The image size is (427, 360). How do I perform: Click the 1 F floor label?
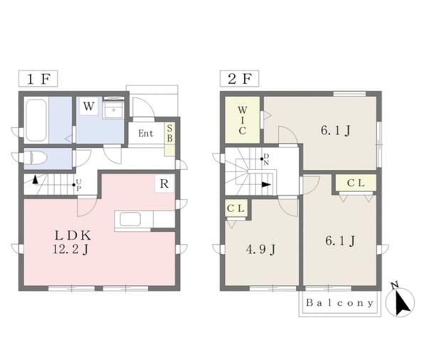(x=38, y=79)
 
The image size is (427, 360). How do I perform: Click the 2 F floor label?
(x=239, y=79)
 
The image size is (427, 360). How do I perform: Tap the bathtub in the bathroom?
(x=36, y=120)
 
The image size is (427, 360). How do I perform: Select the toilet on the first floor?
(x=36, y=158)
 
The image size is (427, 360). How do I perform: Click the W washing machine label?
(x=89, y=106)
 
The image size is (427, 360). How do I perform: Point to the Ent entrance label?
(x=146, y=134)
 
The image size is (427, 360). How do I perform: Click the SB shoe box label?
(x=169, y=133)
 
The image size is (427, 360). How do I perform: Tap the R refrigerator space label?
(x=164, y=184)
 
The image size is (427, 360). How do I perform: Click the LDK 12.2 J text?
(x=72, y=242)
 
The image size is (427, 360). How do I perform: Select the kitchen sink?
(x=130, y=219)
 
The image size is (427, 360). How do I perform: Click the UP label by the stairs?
(x=78, y=185)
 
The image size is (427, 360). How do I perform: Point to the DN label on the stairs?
(x=266, y=159)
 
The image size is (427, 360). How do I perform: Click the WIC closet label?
(x=243, y=120)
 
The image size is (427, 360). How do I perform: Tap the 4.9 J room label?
(x=260, y=249)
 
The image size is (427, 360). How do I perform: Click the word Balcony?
(x=339, y=303)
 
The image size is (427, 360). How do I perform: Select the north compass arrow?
(x=401, y=302)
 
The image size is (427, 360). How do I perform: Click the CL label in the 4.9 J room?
(x=236, y=208)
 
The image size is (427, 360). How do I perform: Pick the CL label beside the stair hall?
(x=356, y=183)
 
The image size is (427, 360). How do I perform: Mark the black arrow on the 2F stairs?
(x=266, y=185)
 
